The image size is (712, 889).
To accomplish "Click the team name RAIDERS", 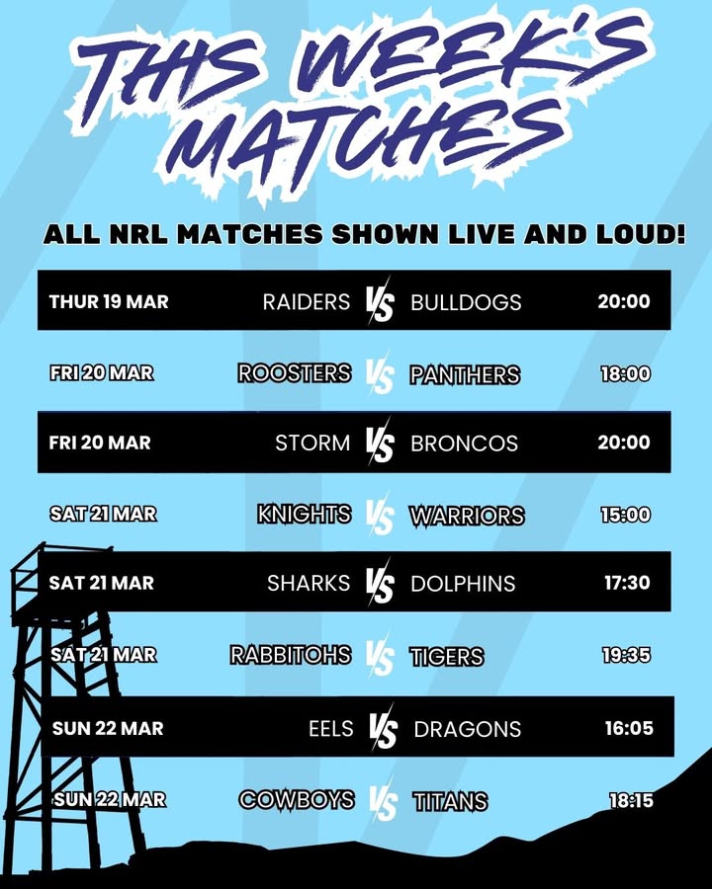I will pos(306,301).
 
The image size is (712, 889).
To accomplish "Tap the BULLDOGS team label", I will pos(466,301).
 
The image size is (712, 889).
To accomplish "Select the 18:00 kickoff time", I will pos(625,374).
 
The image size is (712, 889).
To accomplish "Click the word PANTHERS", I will pos(465,374).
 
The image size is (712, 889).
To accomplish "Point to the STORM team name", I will pos(311,443).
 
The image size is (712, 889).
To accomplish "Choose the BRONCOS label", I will pos(464,443).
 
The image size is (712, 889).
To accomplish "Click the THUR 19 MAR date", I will pos(109,301).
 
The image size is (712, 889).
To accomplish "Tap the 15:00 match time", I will pos(625,515).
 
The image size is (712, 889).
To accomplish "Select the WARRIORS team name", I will pos(467,515).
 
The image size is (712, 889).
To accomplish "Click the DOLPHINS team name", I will pos(463,583).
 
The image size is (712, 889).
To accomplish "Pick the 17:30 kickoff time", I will pos(627,583).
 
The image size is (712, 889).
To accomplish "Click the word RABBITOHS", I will pos(290,655).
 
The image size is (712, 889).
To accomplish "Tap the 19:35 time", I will pos(627,655).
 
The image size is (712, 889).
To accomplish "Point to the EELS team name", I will pos(330,728).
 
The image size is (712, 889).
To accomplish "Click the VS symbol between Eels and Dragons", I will pos(383,729).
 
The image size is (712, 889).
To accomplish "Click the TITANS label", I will pos(450,800).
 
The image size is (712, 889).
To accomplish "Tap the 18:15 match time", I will pos(630,800).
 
